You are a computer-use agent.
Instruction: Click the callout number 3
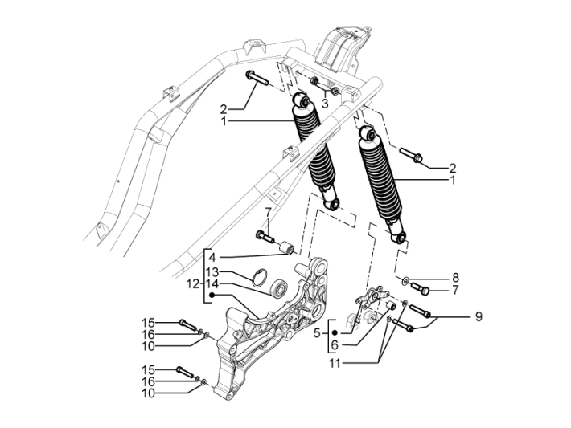(325, 104)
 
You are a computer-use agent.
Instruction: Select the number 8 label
(454, 277)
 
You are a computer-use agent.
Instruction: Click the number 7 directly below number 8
(454, 290)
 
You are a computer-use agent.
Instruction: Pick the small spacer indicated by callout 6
(388, 305)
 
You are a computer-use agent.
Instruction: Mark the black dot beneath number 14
(212, 296)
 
